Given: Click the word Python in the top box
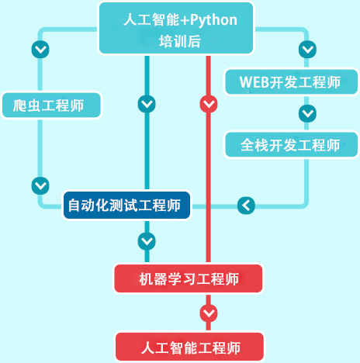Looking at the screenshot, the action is [x=213, y=20].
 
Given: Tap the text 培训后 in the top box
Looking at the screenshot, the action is [x=180, y=41].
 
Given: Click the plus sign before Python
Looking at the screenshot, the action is [x=185, y=20].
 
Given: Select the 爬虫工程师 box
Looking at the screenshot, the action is [x=51, y=105].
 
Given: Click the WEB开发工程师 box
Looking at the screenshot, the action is [x=292, y=82].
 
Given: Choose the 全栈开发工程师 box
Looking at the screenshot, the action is [x=292, y=144].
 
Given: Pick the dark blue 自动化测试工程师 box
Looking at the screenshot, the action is [x=126, y=206].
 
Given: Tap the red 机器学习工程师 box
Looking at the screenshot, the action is [x=189, y=278].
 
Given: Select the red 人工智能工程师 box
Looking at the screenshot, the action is [x=189, y=347].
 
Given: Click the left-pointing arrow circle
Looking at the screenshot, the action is [x=246, y=206].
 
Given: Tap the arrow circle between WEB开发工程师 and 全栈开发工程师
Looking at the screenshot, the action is [x=307, y=113].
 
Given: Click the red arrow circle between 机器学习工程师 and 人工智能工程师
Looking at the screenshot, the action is [x=209, y=313].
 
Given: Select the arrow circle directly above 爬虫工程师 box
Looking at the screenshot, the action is [x=40, y=50].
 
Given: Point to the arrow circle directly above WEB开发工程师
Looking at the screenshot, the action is [x=307, y=50].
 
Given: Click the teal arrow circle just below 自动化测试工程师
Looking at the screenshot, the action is [x=147, y=241].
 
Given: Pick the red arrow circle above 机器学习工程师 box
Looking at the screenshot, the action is [x=209, y=104].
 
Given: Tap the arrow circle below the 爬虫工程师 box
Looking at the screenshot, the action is [x=40, y=185].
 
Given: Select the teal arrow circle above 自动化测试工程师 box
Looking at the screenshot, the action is [x=147, y=104].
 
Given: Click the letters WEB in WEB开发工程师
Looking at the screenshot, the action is [x=254, y=82].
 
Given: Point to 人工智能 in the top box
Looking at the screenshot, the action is [x=151, y=20].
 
